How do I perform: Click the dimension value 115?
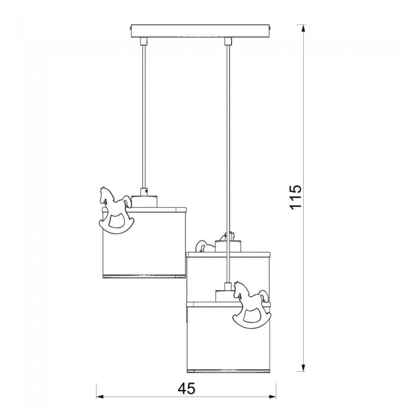[x=296, y=197]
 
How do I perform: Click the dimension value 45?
[x=186, y=389]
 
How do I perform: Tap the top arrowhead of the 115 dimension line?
[x=303, y=28]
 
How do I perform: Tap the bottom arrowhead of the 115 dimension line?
[x=303, y=368]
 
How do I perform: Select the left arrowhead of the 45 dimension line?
[x=100, y=397]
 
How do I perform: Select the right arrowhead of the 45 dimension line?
[x=272, y=397]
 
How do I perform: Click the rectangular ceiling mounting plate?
[x=200, y=32]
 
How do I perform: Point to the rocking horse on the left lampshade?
[x=116, y=210]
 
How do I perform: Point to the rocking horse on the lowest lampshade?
[x=251, y=305]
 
